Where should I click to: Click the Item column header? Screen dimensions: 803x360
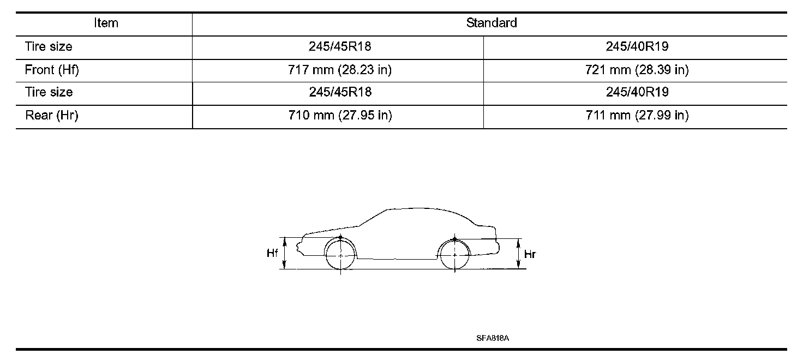click(x=106, y=23)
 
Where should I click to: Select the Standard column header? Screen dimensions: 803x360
click(x=492, y=23)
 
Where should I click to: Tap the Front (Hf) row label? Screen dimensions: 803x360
click(x=52, y=70)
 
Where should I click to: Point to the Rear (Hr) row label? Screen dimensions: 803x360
click(x=52, y=115)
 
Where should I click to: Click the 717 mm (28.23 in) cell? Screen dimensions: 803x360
click(x=340, y=70)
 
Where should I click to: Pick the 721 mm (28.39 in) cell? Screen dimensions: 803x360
click(x=637, y=70)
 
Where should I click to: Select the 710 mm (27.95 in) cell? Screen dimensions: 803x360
click(x=340, y=115)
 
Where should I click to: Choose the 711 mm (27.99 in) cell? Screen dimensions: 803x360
click(x=637, y=115)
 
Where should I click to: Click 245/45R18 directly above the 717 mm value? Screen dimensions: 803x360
click(x=340, y=46)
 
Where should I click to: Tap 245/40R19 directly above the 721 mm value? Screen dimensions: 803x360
click(x=637, y=46)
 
